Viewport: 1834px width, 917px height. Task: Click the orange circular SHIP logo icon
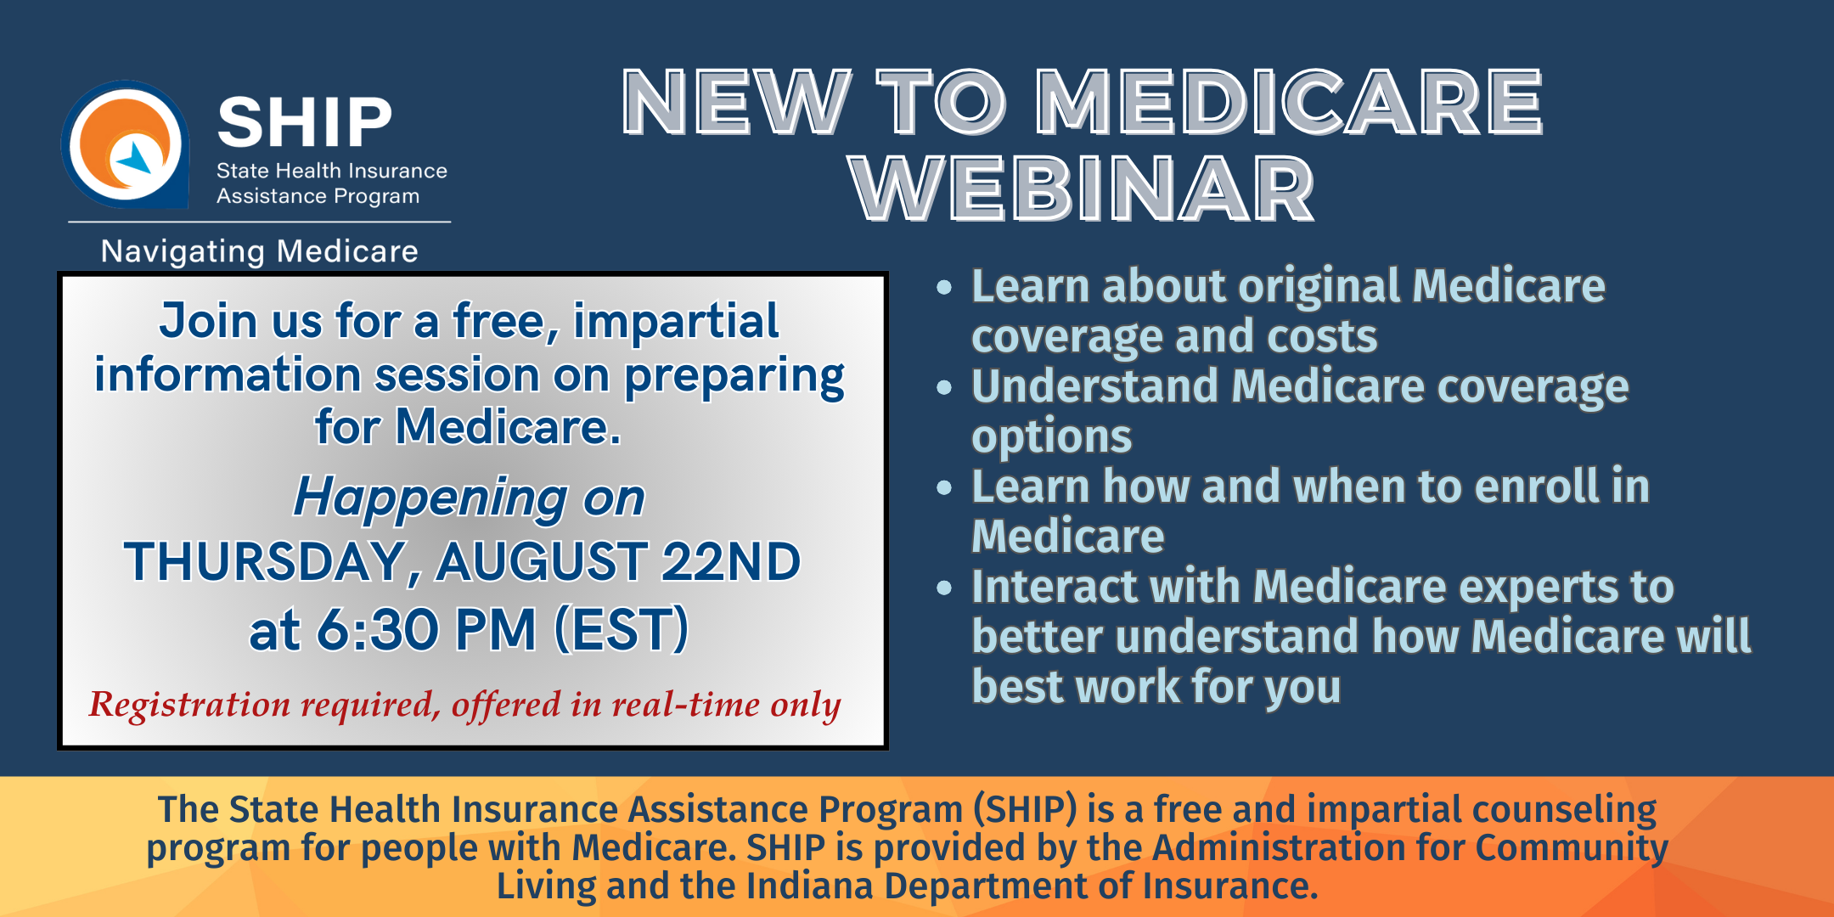(126, 144)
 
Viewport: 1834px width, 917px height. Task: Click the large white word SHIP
(304, 122)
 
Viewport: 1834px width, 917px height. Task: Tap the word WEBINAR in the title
(1082, 188)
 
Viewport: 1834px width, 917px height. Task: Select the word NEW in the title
(735, 102)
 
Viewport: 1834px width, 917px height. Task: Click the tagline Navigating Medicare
(259, 251)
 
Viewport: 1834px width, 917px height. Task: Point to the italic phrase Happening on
(469, 497)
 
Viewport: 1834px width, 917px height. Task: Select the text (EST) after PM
(621, 630)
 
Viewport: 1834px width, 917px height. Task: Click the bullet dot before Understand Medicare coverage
(944, 388)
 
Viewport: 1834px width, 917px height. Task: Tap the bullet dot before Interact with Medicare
(944, 588)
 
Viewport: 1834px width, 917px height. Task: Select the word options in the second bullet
(1051, 437)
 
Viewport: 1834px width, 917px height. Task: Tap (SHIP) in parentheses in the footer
(1025, 809)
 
